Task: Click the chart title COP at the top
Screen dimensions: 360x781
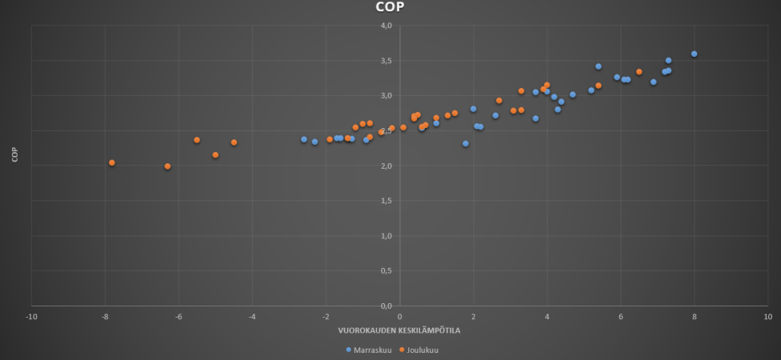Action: click(x=390, y=8)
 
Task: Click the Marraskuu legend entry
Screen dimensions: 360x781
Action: click(x=369, y=350)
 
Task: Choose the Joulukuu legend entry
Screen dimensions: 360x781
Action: click(x=419, y=350)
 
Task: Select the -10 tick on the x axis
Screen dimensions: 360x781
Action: click(x=31, y=316)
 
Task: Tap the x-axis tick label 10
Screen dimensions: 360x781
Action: click(x=768, y=316)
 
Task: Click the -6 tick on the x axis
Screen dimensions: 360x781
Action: click(x=178, y=316)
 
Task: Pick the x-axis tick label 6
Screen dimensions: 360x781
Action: click(x=621, y=316)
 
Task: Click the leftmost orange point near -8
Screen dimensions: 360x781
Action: click(x=112, y=162)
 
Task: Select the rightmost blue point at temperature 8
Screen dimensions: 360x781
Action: click(x=695, y=54)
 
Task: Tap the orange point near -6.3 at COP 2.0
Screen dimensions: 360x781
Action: click(x=167, y=166)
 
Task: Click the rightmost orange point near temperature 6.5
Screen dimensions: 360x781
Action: click(x=639, y=72)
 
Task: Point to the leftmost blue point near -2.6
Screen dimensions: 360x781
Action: click(x=304, y=139)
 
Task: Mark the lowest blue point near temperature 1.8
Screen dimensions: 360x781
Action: click(x=466, y=143)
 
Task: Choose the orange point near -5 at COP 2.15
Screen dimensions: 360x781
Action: click(x=215, y=155)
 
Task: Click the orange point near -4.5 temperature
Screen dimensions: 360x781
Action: click(x=234, y=142)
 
